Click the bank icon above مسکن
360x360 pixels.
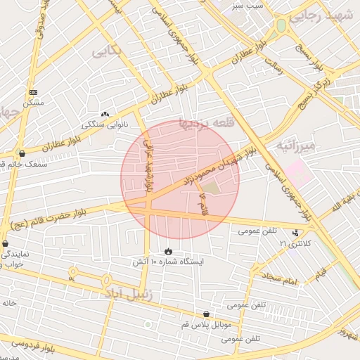[x=33, y=92]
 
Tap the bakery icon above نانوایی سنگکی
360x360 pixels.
[x=105, y=114]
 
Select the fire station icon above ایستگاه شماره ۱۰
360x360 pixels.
[x=168, y=251]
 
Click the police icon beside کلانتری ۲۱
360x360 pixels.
[x=295, y=233]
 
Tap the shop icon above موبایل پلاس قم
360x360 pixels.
[x=205, y=314]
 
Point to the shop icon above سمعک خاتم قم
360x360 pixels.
[x=22, y=153]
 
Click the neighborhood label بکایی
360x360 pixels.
[x=107, y=51]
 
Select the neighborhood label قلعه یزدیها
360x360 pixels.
[x=204, y=123]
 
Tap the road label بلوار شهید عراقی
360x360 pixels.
[x=148, y=166]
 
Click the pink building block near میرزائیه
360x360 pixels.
[x=298, y=172]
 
